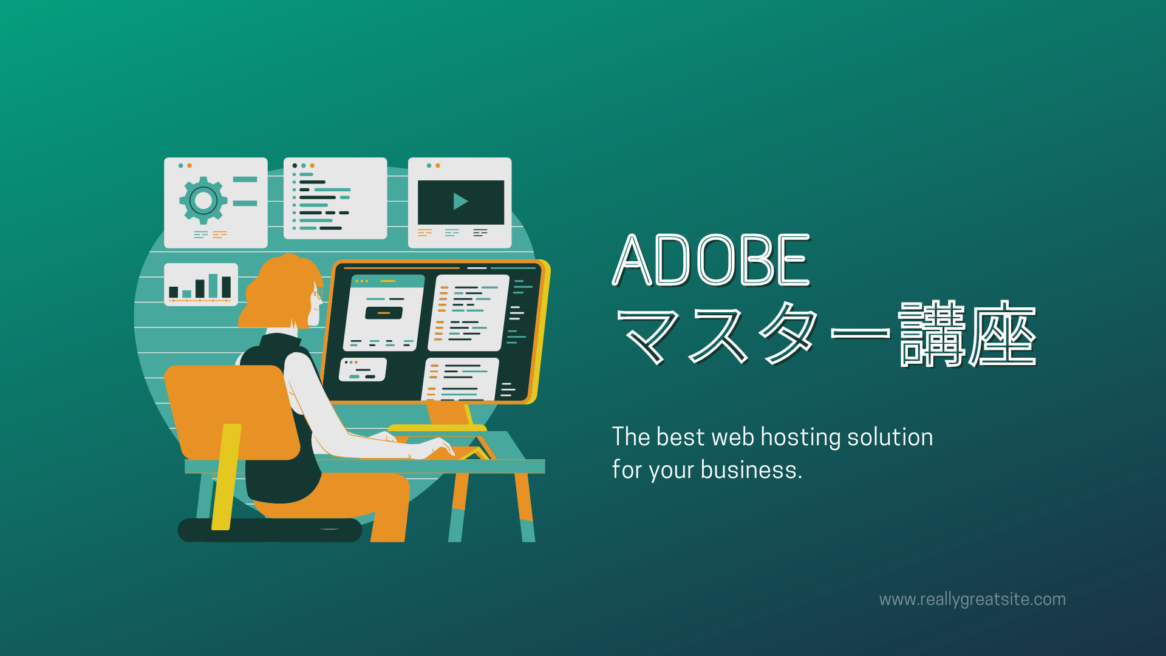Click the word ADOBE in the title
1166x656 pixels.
click(711, 260)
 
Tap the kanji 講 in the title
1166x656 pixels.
click(932, 334)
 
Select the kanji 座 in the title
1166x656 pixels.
click(1003, 334)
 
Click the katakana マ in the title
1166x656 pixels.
click(649, 335)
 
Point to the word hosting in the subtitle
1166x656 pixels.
click(800, 438)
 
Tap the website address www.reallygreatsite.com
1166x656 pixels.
click(972, 600)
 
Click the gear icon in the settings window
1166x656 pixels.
click(203, 200)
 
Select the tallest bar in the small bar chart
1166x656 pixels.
click(213, 285)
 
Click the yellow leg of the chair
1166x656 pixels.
click(226, 477)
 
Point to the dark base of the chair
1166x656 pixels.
click(270, 530)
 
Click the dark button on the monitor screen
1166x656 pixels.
click(384, 313)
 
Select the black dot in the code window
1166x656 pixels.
click(295, 165)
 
